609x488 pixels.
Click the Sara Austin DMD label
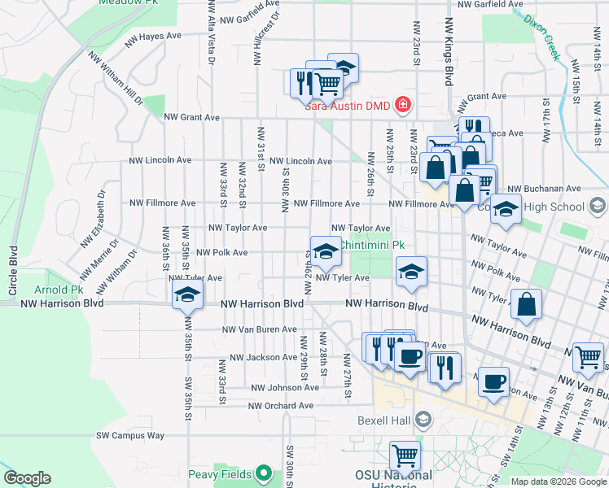(x=348, y=105)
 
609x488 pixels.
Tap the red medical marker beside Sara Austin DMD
(x=401, y=105)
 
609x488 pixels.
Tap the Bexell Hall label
(x=385, y=420)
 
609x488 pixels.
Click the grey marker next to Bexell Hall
(x=423, y=420)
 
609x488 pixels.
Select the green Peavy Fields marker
(x=263, y=473)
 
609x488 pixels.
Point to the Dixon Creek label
(x=542, y=37)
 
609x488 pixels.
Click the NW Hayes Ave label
(x=153, y=37)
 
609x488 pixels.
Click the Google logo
(x=27, y=478)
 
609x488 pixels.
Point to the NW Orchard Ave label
(x=281, y=405)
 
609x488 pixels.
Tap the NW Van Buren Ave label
(x=261, y=329)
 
